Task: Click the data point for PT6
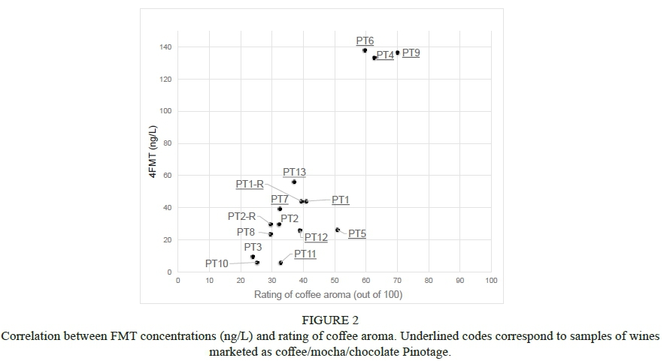tap(365, 50)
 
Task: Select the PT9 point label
tap(411, 53)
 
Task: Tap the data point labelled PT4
tap(374, 58)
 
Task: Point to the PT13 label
tap(294, 173)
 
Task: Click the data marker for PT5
tap(337, 230)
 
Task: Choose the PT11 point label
tap(305, 254)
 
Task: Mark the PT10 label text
tap(217, 264)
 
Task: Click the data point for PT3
tap(253, 257)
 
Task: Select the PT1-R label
tap(250, 184)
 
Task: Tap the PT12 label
tap(316, 238)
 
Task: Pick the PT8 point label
tap(246, 233)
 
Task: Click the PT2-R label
tap(242, 216)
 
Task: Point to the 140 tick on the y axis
tap(165, 47)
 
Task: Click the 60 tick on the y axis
tap(167, 176)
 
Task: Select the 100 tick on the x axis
tap(491, 281)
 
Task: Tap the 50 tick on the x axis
tap(335, 281)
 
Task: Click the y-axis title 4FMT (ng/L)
tap(152, 152)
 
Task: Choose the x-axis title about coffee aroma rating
tap(328, 294)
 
